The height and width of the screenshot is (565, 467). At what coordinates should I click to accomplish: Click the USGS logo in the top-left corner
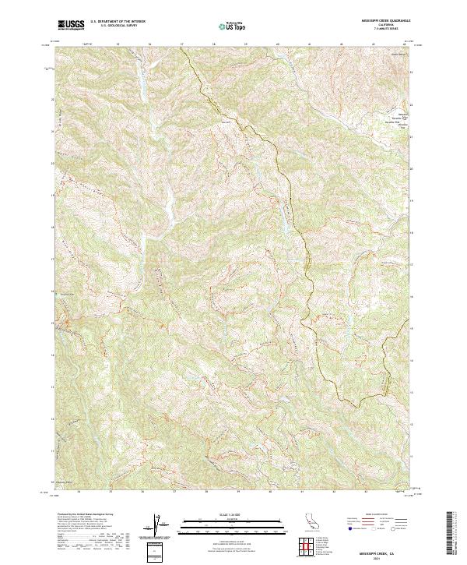(72, 25)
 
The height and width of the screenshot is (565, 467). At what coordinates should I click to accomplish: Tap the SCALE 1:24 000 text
(212, 513)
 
